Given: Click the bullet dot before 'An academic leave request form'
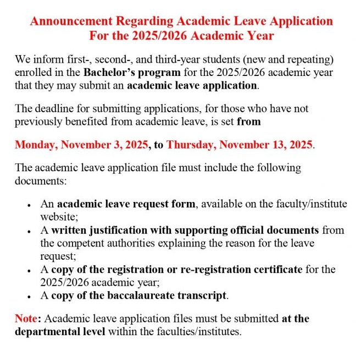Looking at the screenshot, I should [x=28, y=205].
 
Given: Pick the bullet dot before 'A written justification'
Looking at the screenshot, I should [x=28, y=231].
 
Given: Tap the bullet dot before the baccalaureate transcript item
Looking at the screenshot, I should [x=28, y=297].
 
